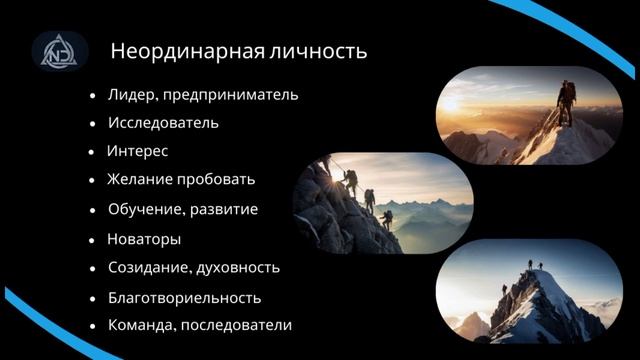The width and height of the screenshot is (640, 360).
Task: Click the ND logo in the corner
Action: point(59,51)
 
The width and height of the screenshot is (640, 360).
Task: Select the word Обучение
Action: point(143,210)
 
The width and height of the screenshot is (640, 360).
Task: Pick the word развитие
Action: point(221,210)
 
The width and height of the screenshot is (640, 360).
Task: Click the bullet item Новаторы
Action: point(144,239)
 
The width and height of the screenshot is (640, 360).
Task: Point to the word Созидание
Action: point(148,268)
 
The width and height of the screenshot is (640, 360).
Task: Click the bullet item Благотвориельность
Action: point(184,297)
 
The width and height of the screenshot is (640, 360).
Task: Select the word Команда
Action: point(140,325)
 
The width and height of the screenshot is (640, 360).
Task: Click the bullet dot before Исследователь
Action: point(92,124)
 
